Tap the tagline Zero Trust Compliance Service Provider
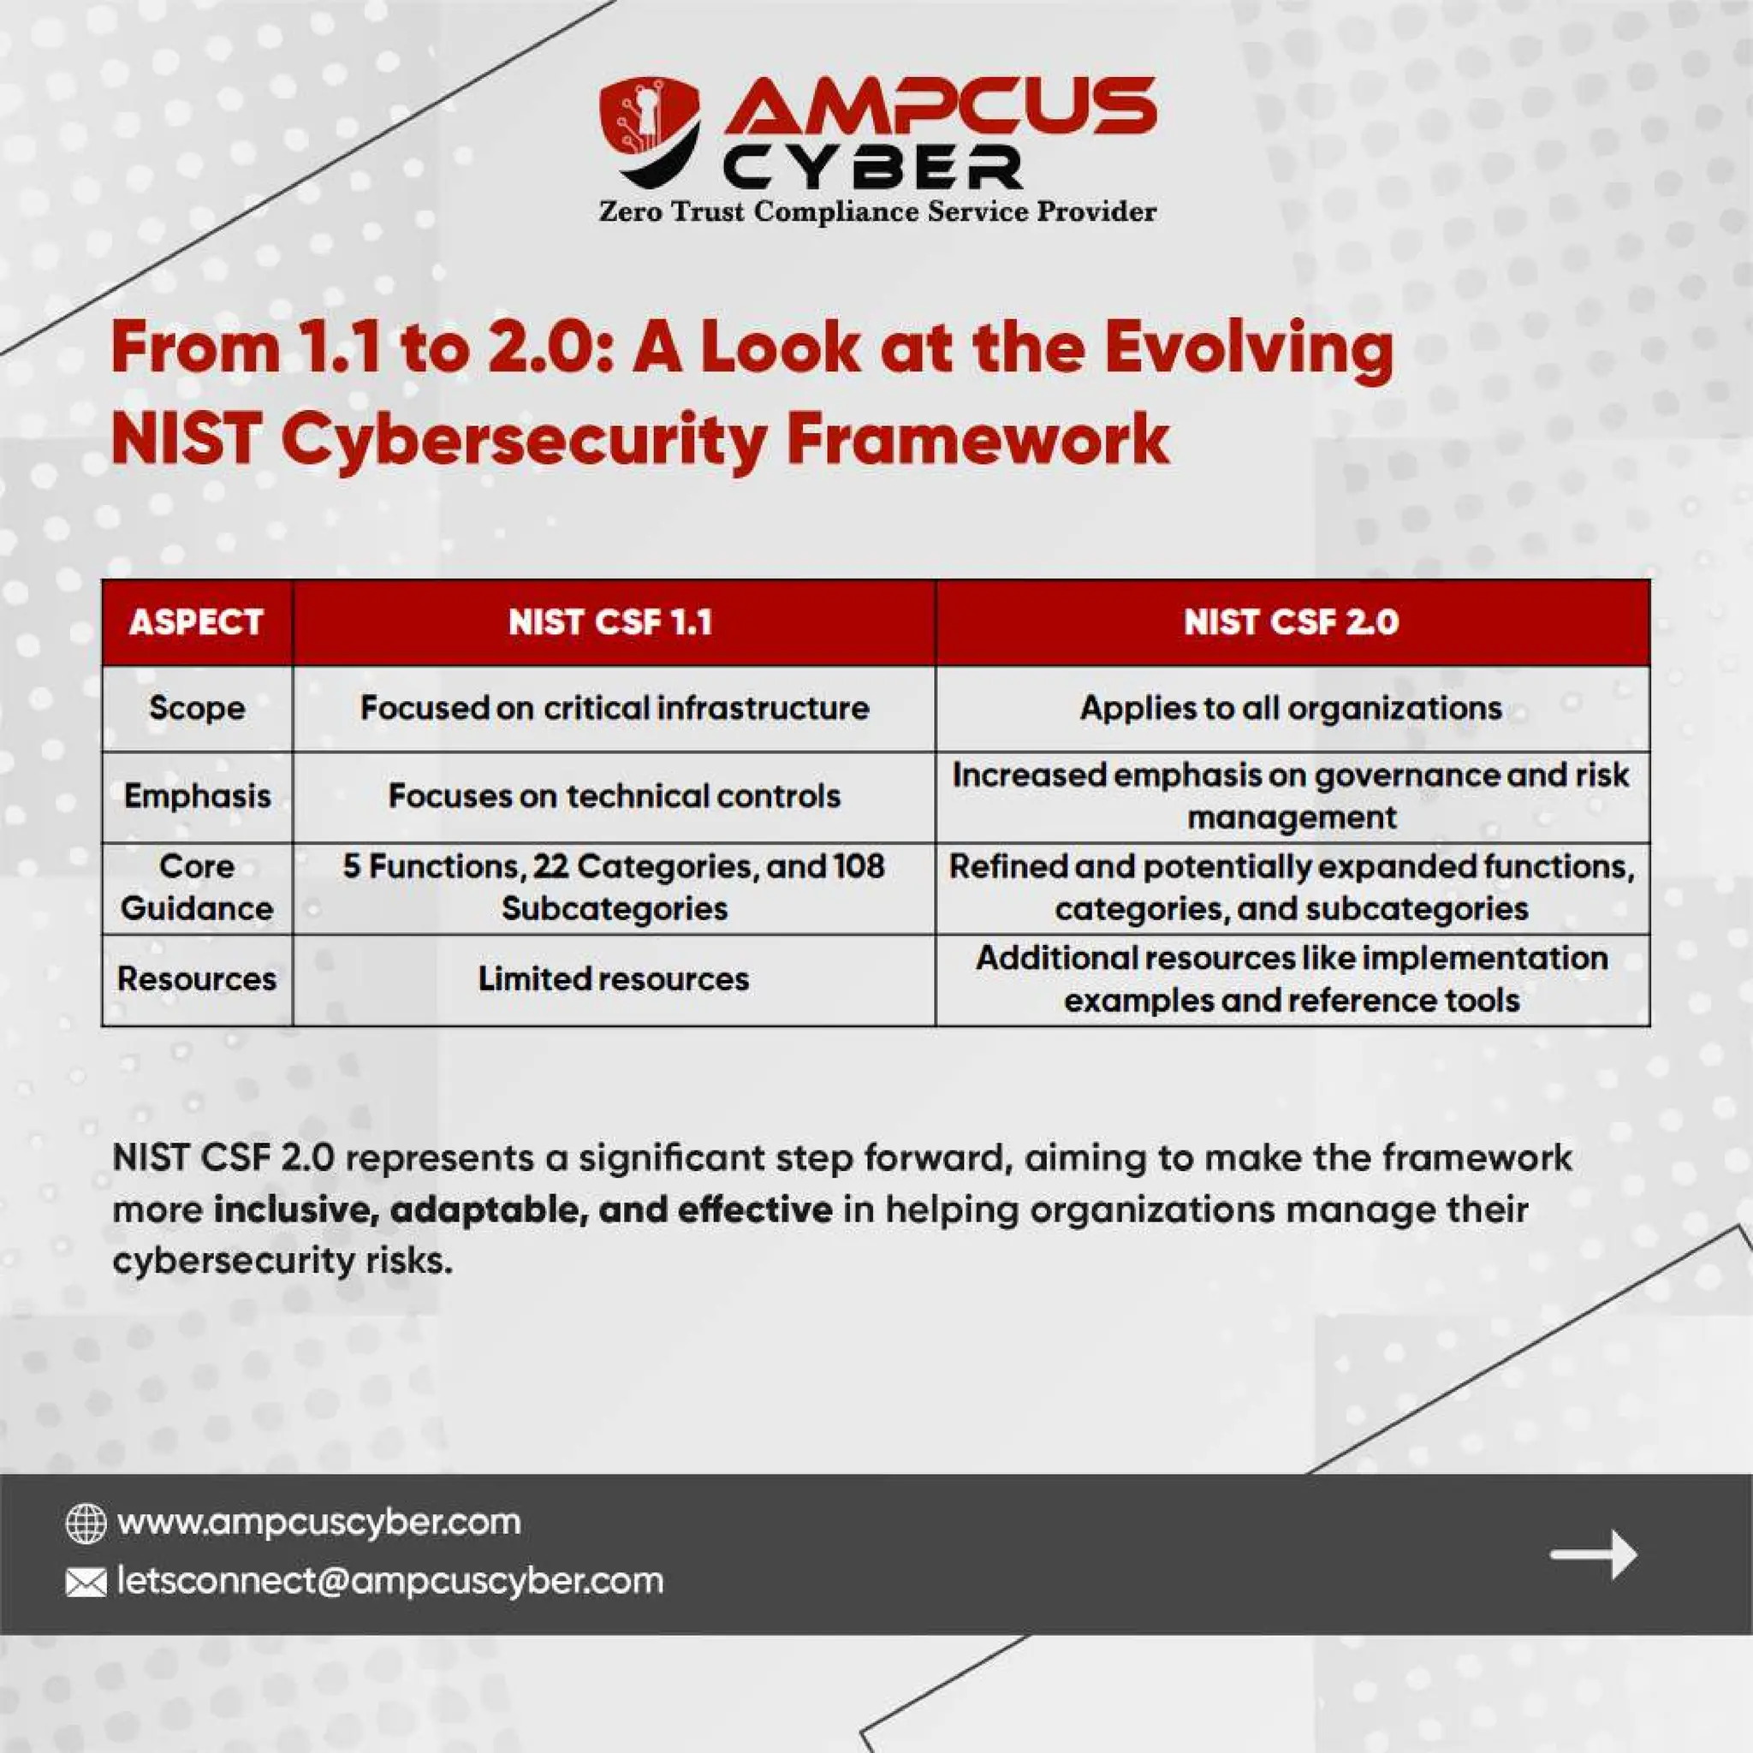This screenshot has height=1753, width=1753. point(877,212)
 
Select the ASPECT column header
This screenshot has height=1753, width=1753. point(196,622)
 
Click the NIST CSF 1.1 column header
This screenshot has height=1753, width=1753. point(610,622)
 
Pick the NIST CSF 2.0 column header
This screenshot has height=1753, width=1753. point(1291,622)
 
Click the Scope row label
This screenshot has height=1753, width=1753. point(197,708)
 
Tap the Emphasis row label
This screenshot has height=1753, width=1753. point(197,796)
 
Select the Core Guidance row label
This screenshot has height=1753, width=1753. point(197,888)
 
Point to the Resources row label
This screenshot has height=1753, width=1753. point(197,978)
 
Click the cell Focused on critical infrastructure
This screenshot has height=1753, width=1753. point(615,708)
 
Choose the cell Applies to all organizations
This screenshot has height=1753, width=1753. point(1291,708)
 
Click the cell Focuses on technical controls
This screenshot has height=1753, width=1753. point(615,796)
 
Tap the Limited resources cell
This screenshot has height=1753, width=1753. point(615,978)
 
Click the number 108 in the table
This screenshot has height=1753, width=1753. point(859,865)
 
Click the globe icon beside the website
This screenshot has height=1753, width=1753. point(86,1524)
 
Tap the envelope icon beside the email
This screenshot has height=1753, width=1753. point(86,1584)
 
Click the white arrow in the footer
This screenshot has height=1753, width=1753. point(1592,1554)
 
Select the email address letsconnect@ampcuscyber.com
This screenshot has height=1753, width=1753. point(390,1582)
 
